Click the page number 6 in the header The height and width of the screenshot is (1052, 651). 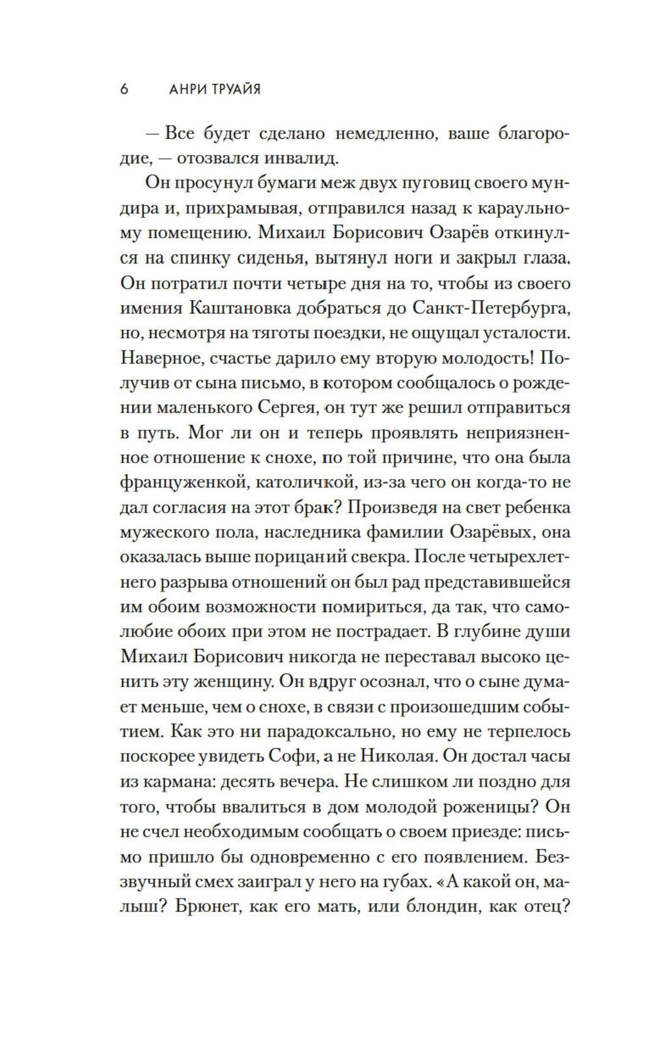tap(124, 89)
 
